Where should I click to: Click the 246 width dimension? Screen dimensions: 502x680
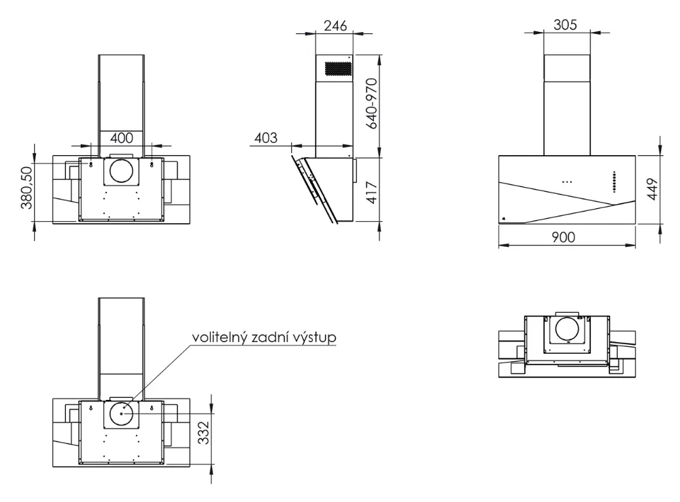pos(336,25)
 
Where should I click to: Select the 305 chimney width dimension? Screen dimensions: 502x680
pos(565,25)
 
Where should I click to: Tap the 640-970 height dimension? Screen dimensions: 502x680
pos(370,105)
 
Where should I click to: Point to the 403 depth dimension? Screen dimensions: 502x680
pos(265,137)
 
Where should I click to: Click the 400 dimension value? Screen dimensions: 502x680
pos(121,137)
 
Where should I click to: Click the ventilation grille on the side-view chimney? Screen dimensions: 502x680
pos(338,69)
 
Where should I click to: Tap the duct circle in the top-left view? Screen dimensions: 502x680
pos(122,171)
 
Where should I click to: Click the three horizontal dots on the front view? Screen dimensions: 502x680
pos(567,182)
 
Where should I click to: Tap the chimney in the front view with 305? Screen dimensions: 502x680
pos(566,103)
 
